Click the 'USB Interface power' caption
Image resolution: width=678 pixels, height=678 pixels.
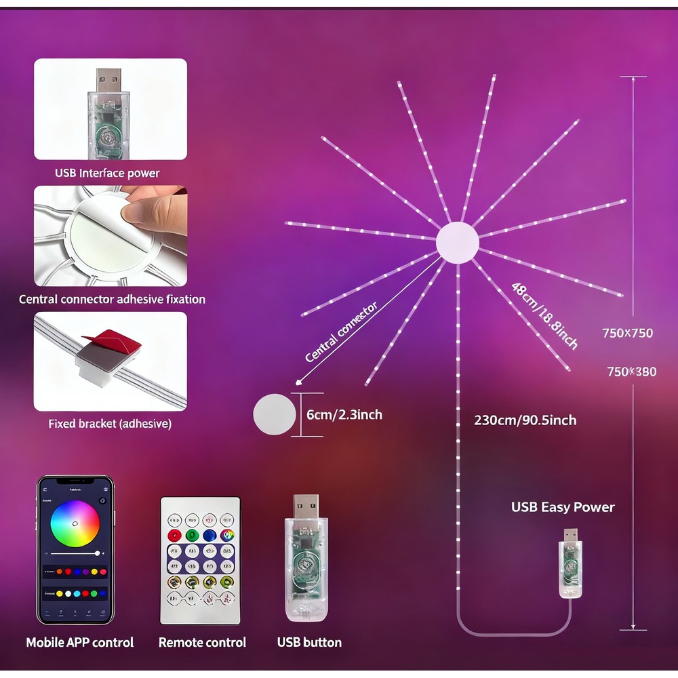[x=107, y=173]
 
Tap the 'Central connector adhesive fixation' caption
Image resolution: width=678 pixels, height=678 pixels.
[x=112, y=299]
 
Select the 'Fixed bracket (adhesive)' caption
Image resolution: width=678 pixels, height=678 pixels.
[x=110, y=424]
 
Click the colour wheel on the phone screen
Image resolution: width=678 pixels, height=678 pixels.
[x=75, y=524]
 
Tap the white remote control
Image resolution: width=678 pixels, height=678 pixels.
[x=201, y=560]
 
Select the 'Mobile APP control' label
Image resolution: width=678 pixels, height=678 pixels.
[x=80, y=642]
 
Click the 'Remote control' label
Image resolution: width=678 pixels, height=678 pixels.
[x=202, y=642]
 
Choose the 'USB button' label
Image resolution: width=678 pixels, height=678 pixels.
[x=309, y=642]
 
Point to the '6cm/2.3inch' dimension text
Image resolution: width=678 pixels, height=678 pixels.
[x=344, y=414]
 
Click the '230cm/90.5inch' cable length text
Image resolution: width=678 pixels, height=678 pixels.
[x=525, y=420]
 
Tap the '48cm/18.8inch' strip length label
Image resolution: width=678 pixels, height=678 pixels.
[x=544, y=315]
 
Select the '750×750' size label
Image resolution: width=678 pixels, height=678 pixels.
[x=627, y=333]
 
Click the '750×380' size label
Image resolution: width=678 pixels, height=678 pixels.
[x=631, y=372]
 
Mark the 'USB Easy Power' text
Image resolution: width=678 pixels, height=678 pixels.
[x=563, y=507]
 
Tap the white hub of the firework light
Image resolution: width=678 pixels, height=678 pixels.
[x=457, y=243]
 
